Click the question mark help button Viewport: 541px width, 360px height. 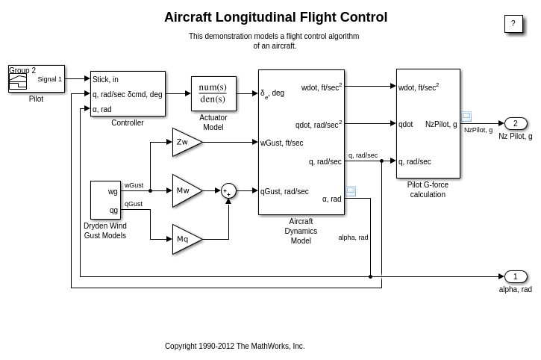[x=513, y=24]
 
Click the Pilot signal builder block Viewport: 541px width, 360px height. [x=37, y=78]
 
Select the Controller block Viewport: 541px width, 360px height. [x=128, y=93]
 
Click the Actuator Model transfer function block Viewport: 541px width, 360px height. [x=213, y=93]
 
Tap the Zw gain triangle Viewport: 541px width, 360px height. [x=185, y=142]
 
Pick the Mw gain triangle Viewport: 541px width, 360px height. [x=185, y=190]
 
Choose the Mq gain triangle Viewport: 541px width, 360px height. [x=185, y=239]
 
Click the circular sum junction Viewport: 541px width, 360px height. [x=228, y=190]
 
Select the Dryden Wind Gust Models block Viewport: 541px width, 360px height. [x=105, y=200]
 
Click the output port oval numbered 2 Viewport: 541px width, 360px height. [x=516, y=123]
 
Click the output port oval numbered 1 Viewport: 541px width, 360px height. [x=516, y=276]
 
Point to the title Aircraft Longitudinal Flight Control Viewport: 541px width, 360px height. [x=275, y=17]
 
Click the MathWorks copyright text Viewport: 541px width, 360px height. [x=234, y=346]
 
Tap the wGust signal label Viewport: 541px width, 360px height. [x=134, y=185]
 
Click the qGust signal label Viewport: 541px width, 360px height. [x=134, y=204]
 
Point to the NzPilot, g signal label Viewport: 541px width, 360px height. [x=478, y=130]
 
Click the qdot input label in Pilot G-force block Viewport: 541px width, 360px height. [x=406, y=124]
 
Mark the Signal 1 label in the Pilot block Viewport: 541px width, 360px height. [x=50, y=79]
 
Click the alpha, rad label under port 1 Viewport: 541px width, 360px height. [x=516, y=289]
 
